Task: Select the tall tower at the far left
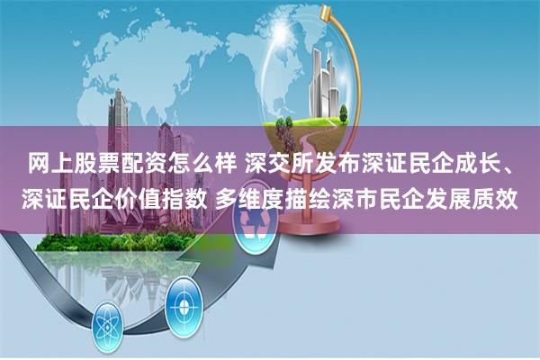(118, 108)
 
